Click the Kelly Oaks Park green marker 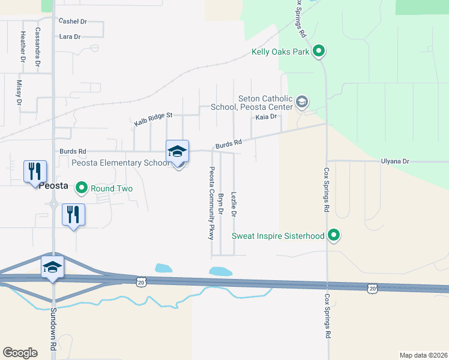click(x=319, y=52)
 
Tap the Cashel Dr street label click(x=73, y=21)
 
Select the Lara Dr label click(x=70, y=37)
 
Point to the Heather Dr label click(x=23, y=47)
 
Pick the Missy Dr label click(x=19, y=93)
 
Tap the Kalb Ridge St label click(x=153, y=118)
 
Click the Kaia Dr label click(x=265, y=116)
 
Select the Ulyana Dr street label click(x=395, y=161)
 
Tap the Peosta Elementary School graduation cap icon click(x=178, y=151)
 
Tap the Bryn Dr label click(x=221, y=205)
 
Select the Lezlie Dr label click(x=234, y=204)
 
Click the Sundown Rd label click(x=53, y=328)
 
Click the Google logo click(x=20, y=352)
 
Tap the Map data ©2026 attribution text click(x=423, y=355)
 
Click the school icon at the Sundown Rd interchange click(x=52, y=266)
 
